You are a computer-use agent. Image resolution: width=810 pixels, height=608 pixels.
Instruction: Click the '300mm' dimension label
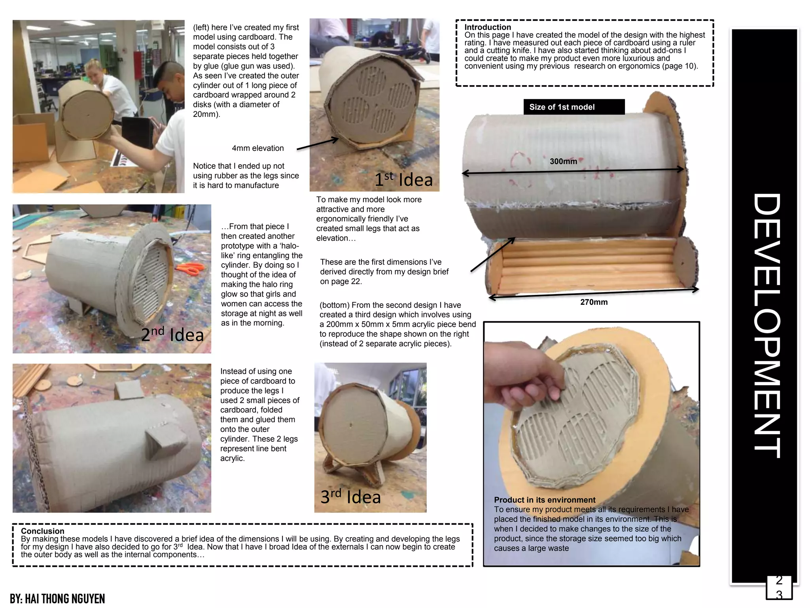[x=563, y=161]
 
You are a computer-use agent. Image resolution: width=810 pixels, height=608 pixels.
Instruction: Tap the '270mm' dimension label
[x=594, y=302]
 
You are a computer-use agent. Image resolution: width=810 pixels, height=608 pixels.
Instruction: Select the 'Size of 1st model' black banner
[x=574, y=107]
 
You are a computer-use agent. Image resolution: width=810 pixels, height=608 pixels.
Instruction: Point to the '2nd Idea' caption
[x=172, y=334]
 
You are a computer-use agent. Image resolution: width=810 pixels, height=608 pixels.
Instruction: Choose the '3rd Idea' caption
[x=350, y=496]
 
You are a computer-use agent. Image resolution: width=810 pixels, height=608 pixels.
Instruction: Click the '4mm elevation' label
[x=258, y=148]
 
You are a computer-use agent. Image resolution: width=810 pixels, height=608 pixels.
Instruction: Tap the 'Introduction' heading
[x=488, y=27]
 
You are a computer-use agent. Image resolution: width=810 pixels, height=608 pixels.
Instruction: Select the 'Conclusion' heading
[x=42, y=531]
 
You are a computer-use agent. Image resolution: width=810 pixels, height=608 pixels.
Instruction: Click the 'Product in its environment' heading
[x=545, y=500]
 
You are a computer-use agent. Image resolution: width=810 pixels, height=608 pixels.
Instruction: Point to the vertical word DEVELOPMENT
[x=766, y=325]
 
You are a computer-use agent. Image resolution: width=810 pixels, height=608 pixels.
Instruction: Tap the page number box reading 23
[x=779, y=587]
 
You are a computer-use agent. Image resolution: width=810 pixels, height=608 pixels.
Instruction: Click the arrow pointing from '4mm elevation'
[x=318, y=144]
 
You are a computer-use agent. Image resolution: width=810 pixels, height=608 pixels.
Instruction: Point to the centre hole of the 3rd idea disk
[x=351, y=426]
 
